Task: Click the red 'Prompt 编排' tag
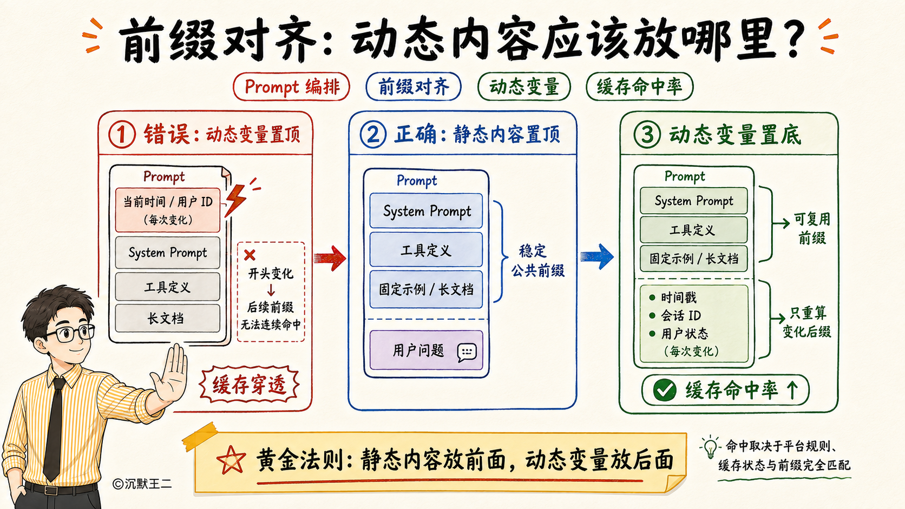coord(291,87)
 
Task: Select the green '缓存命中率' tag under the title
coord(640,87)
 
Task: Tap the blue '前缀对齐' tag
coord(414,87)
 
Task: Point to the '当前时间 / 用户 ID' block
coord(168,210)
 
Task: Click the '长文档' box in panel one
coord(168,318)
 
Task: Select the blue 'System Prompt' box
coord(426,211)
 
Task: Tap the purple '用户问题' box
coord(426,351)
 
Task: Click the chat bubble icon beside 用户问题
coord(467,353)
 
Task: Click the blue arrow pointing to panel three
coord(597,256)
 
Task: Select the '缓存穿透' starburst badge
coord(250,385)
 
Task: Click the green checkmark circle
coord(665,390)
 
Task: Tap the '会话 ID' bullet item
coord(675,316)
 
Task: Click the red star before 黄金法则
coord(231,460)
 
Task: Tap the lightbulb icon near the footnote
coord(710,447)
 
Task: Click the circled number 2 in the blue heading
coord(373,135)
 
